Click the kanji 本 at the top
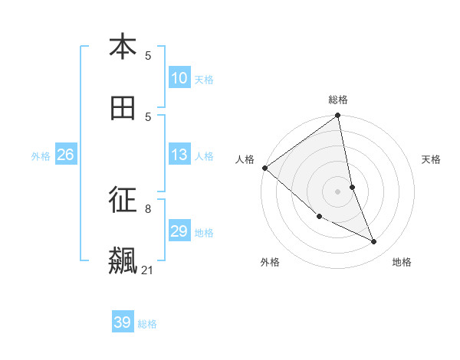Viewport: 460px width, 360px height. tap(123, 47)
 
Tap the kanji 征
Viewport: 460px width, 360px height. tap(123, 200)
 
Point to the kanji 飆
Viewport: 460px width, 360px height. tap(123, 261)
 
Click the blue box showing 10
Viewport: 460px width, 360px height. tap(179, 78)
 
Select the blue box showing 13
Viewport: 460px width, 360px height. tap(179, 155)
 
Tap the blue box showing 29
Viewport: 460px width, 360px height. tap(179, 231)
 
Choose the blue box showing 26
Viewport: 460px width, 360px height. tap(65, 155)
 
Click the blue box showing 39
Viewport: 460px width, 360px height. tap(123, 322)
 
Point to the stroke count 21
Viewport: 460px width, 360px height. tap(147, 270)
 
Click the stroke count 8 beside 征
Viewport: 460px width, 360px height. tap(148, 208)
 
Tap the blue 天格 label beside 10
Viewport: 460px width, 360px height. tap(204, 79)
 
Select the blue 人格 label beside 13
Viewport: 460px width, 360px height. tap(204, 155)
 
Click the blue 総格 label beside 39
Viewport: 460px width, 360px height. tap(147, 324)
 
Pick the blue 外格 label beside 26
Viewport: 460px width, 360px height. tap(41, 155)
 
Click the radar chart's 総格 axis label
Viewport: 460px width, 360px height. tap(338, 100)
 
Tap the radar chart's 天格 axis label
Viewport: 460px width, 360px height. tap(431, 159)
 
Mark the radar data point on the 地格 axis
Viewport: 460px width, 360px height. tap(374, 242)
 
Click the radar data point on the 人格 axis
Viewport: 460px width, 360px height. tap(264, 168)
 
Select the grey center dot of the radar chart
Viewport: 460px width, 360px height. tap(338, 191)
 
